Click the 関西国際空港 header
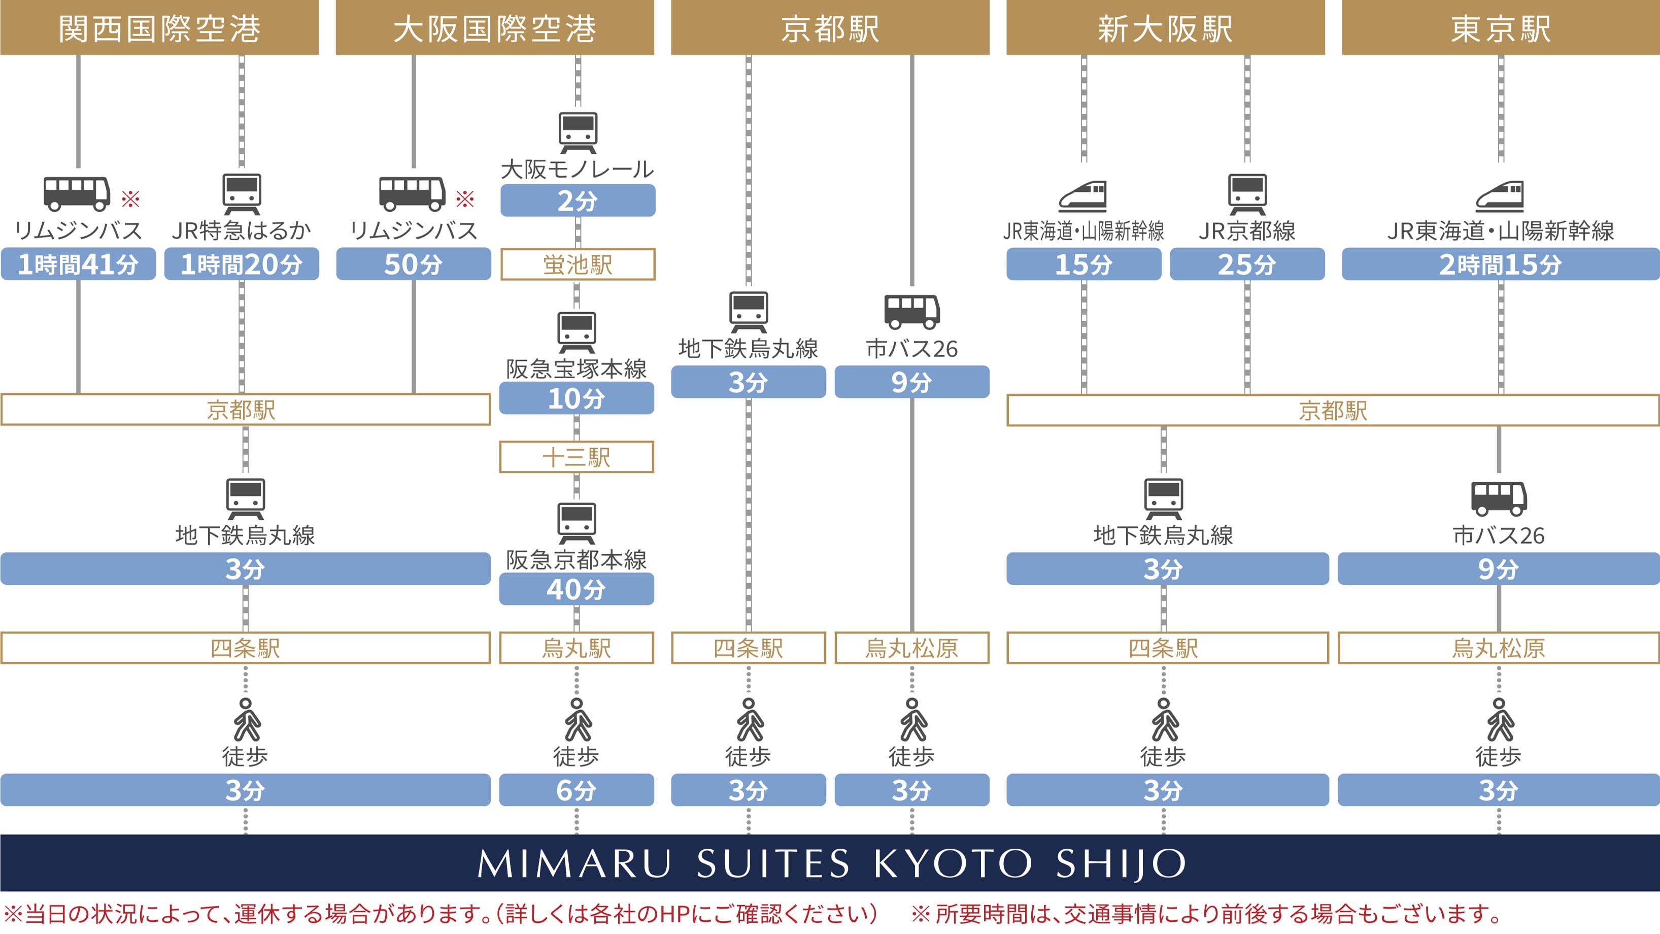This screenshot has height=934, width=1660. pyautogui.click(x=159, y=28)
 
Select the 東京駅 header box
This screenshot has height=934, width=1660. pyautogui.click(x=1500, y=28)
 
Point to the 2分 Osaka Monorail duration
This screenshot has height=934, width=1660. pyautogui.click(x=578, y=201)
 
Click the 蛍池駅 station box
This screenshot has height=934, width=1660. pyautogui.click(x=578, y=264)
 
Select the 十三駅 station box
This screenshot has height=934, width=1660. pyautogui.click(x=576, y=457)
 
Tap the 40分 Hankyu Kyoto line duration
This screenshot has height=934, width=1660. pyautogui.click(x=576, y=589)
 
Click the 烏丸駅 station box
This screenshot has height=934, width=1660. pyautogui.click(x=576, y=648)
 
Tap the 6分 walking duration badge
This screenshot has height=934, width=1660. pyautogui.click(x=576, y=790)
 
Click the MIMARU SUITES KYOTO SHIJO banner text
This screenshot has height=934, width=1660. pyautogui.click(x=830, y=863)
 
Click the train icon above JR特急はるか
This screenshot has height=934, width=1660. pyautogui.click(x=242, y=193)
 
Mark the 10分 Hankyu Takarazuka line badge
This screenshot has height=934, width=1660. pyautogui.click(x=576, y=398)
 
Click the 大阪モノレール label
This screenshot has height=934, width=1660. pyautogui.click(x=578, y=169)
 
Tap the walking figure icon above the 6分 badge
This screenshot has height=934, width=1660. pyautogui.click(x=578, y=720)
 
